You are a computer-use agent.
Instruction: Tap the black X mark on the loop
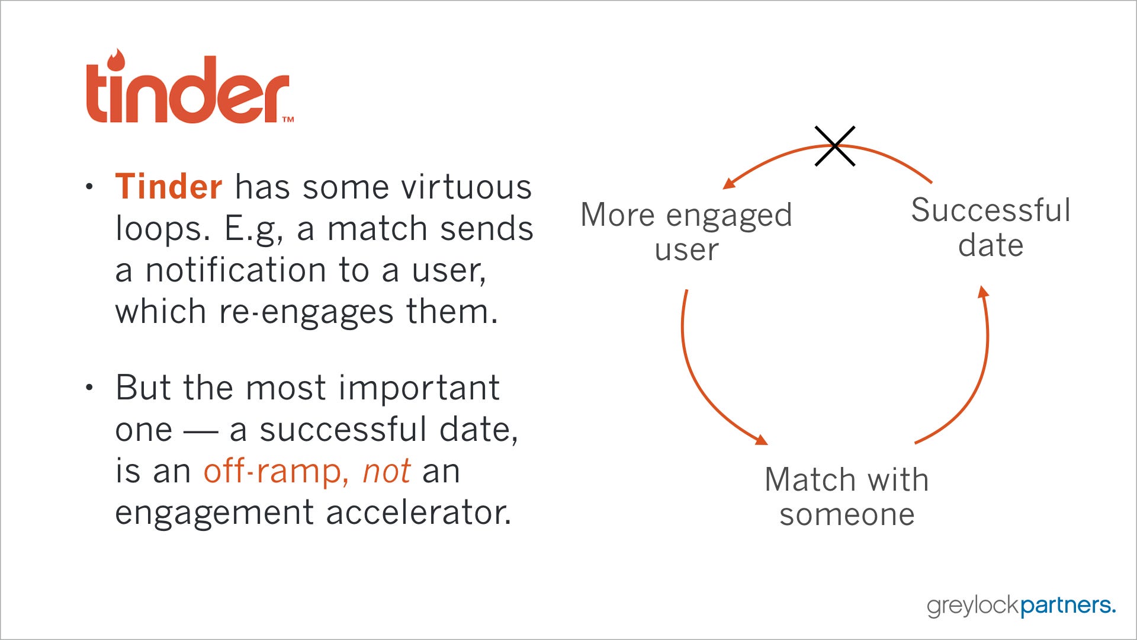tap(834, 146)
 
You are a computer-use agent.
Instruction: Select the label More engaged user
tap(686, 232)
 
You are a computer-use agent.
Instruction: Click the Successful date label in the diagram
tap(991, 228)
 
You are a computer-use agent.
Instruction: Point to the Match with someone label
tap(847, 497)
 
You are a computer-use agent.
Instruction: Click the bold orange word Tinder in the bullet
tap(169, 187)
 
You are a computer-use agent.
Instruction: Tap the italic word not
tap(386, 472)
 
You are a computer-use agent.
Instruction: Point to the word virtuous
tap(467, 187)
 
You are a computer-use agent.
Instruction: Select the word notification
tap(236, 270)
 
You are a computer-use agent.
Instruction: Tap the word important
tap(419, 390)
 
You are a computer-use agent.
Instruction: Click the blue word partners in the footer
tap(1068, 606)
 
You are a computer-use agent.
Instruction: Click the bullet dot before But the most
tap(89, 388)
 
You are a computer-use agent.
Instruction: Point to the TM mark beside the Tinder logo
tap(288, 119)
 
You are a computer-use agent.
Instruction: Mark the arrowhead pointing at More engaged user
tap(730, 183)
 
